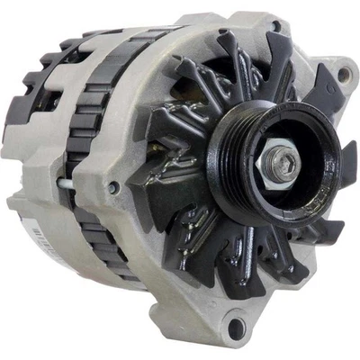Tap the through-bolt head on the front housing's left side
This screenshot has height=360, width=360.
coord(113,188)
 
